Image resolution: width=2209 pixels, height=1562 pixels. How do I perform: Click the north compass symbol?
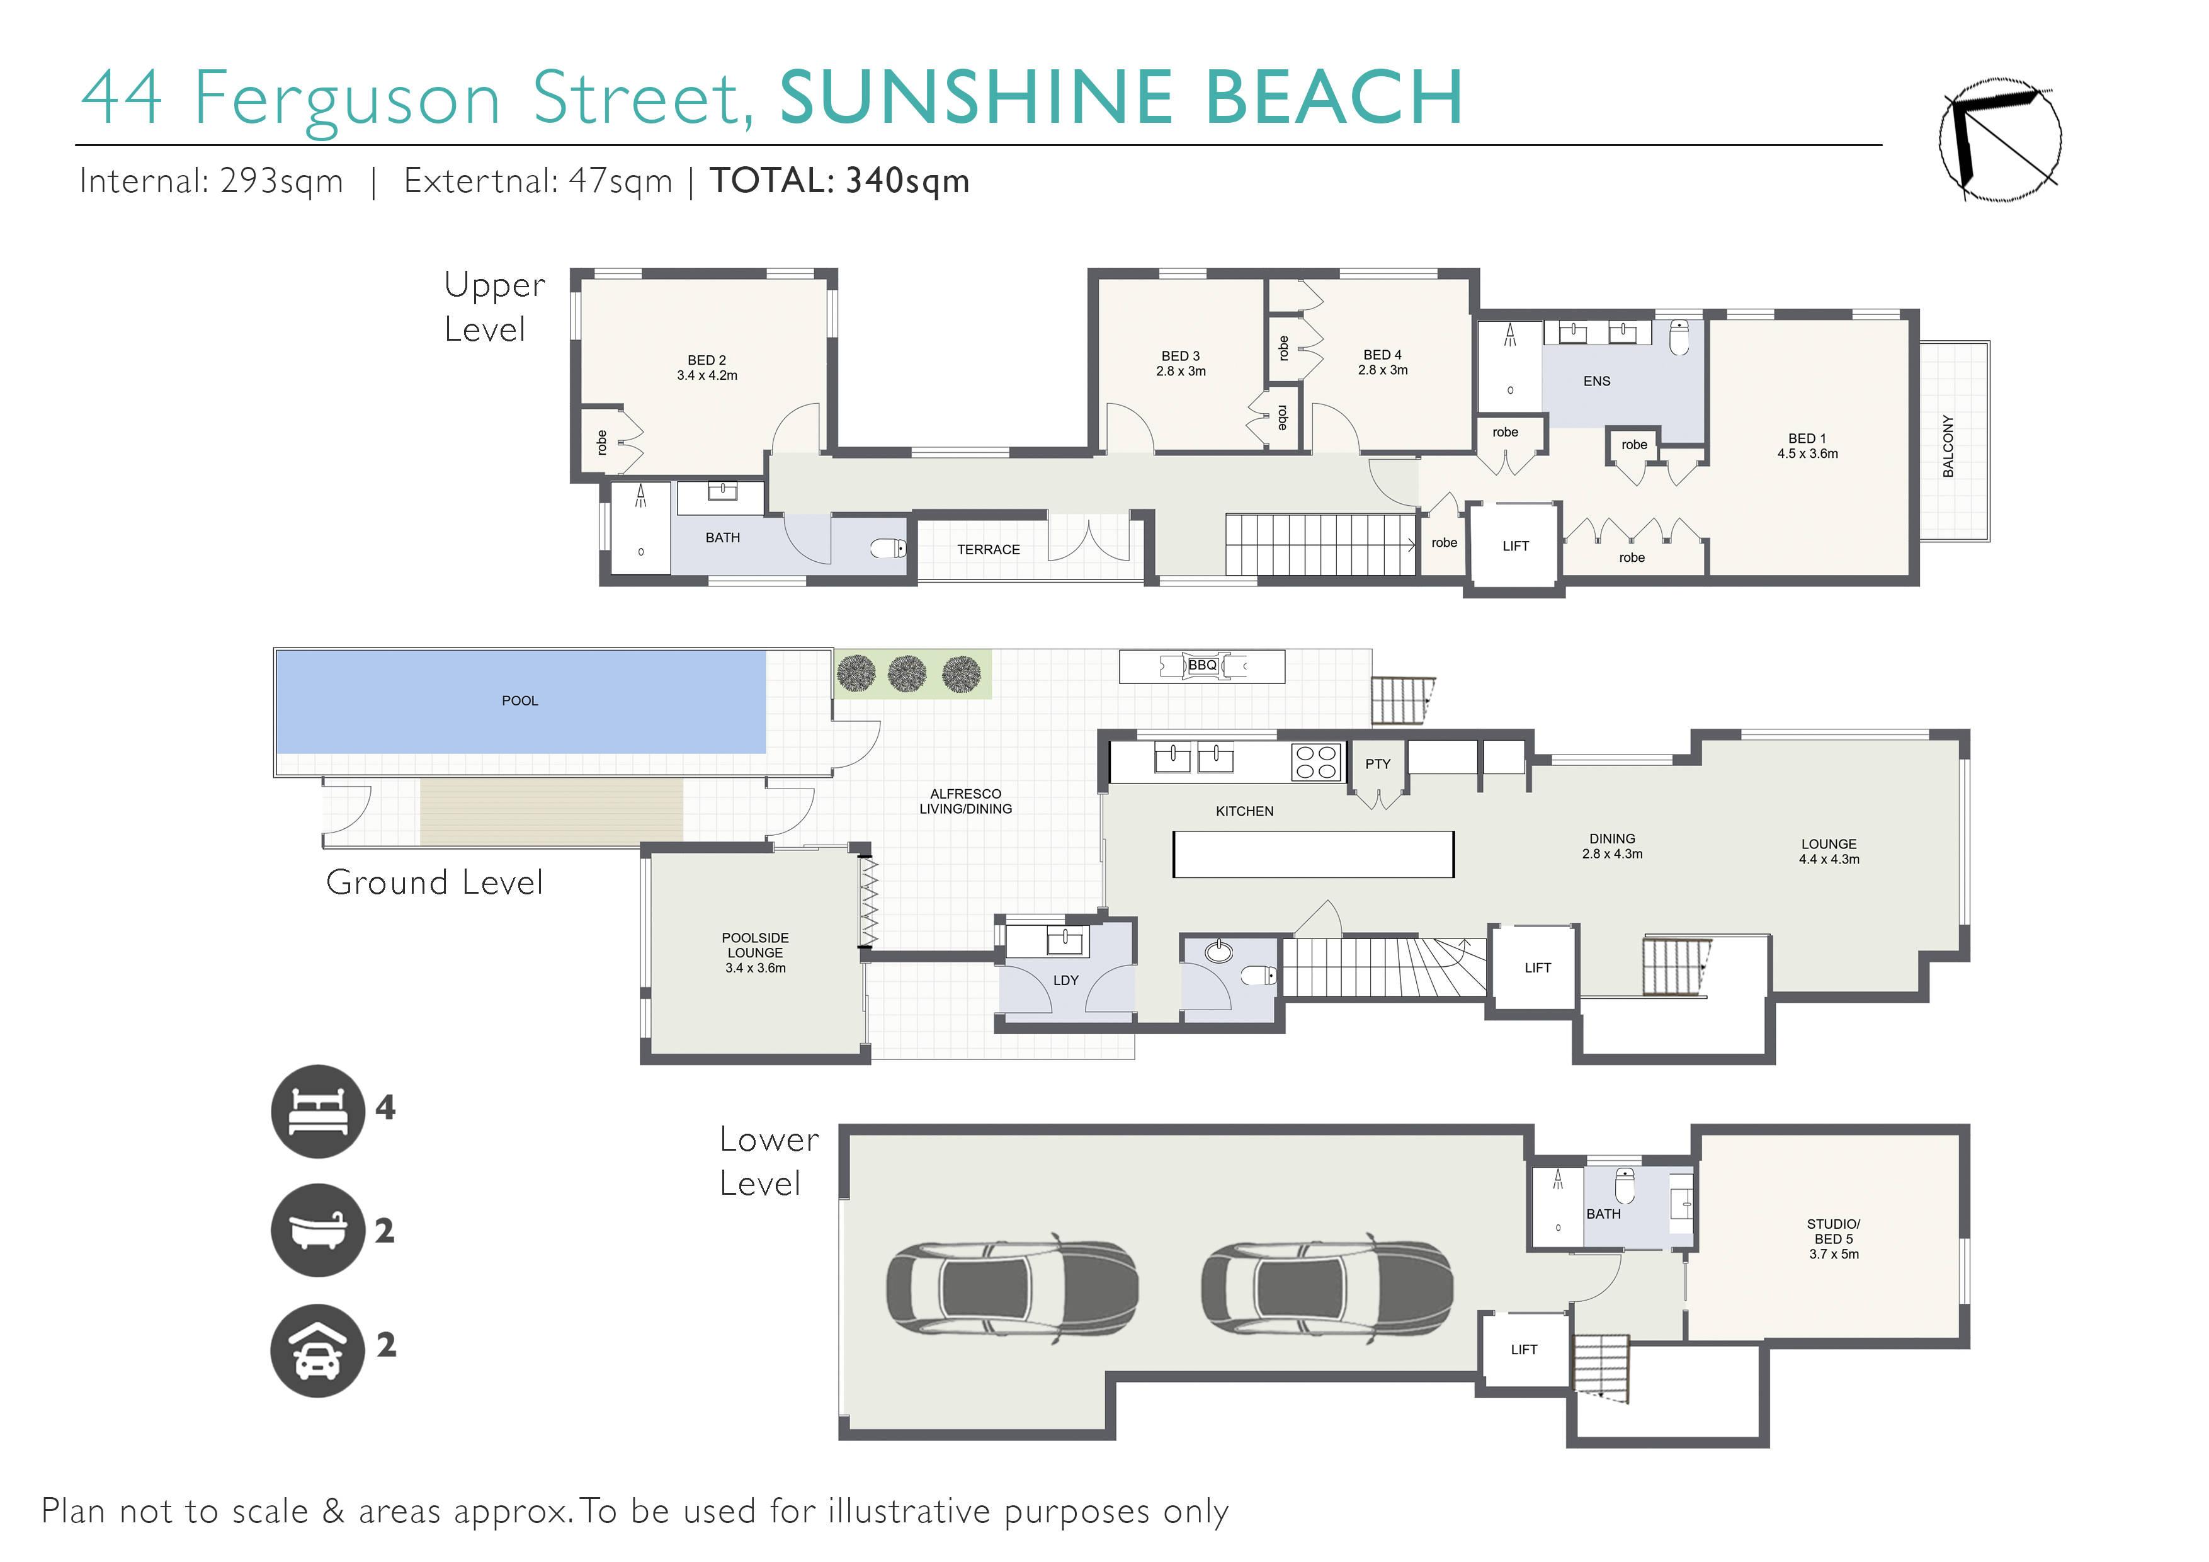click(x=2000, y=140)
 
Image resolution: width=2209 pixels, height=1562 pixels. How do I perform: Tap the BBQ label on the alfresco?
click(x=1201, y=665)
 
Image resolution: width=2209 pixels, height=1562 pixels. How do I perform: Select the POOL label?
click(x=520, y=700)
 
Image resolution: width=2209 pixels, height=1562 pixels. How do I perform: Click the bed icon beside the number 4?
click(x=317, y=1112)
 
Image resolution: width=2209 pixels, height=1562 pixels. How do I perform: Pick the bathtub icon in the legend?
click(x=317, y=1230)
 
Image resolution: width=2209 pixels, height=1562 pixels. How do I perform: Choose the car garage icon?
click(x=317, y=1350)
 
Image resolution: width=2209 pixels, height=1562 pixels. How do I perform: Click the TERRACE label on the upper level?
click(x=988, y=550)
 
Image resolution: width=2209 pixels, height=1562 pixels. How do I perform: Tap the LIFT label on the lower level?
click(x=1524, y=1349)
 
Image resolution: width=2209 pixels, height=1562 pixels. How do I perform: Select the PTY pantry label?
click(x=1378, y=764)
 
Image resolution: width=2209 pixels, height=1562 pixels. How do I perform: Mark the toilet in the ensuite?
click(x=1679, y=337)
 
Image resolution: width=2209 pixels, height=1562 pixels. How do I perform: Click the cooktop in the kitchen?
click(x=1316, y=762)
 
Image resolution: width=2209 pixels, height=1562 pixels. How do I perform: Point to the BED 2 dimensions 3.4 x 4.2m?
click(x=707, y=375)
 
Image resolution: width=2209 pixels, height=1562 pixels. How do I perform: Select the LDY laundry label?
click(x=1066, y=981)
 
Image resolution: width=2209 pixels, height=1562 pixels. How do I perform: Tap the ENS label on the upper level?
click(x=1597, y=381)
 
